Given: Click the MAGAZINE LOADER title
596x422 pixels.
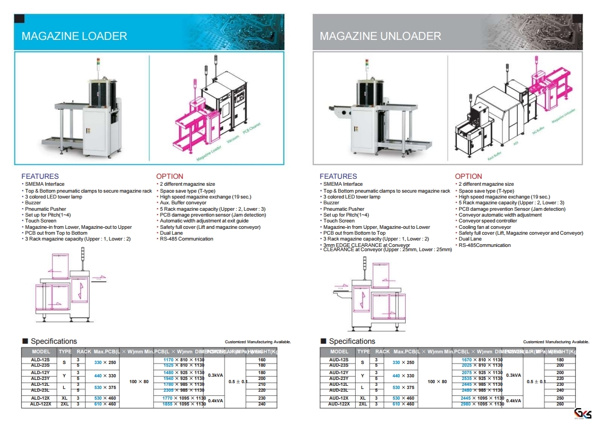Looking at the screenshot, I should pyautogui.click(x=74, y=36).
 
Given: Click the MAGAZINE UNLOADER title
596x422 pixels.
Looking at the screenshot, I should pyautogui.click(x=380, y=36).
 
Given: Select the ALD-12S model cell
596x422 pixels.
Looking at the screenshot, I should pyautogui.click(x=40, y=360).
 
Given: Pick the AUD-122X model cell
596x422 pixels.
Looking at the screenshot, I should pyautogui.click(x=339, y=404).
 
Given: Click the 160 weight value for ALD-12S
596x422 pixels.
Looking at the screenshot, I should pyautogui.click(x=262, y=360).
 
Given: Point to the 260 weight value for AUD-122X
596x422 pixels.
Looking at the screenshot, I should pyautogui.click(x=560, y=404).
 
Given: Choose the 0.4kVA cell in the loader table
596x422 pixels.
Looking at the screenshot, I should pyautogui.click(x=216, y=401).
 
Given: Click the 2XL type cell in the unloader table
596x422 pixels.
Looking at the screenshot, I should pyautogui.click(x=363, y=404).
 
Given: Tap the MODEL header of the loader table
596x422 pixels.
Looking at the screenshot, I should pyautogui.click(x=41, y=352).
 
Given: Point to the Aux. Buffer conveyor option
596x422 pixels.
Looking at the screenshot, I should pyautogui.click(x=183, y=203).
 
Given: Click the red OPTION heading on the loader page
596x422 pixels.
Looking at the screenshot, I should pyautogui.click(x=170, y=176).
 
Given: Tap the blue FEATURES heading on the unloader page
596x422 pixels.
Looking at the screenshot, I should pyautogui.click(x=338, y=176).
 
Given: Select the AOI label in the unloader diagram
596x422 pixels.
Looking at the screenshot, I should pyautogui.click(x=516, y=143).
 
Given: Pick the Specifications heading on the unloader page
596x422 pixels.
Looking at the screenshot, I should pyautogui.click(x=352, y=341).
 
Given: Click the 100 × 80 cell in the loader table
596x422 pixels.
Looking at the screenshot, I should pyautogui.click(x=139, y=382).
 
